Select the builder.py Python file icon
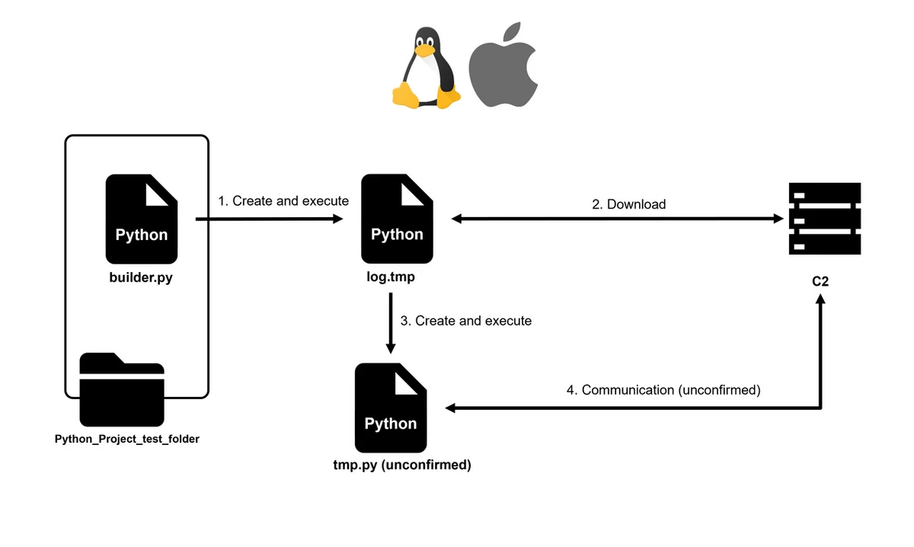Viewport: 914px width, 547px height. click(142, 218)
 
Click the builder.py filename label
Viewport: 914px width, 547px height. click(141, 277)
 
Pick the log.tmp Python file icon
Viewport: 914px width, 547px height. click(397, 218)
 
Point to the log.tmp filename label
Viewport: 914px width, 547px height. click(391, 277)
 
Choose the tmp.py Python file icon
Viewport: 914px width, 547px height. click(391, 408)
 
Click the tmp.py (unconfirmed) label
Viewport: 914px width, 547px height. click(397, 465)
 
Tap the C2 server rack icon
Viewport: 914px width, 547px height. click(825, 219)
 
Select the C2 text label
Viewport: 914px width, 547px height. click(820, 281)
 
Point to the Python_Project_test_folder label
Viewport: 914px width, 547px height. click(127, 439)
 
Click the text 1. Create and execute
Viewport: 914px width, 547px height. click(283, 201)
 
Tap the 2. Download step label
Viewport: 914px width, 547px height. click(629, 204)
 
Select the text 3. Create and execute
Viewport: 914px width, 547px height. click(466, 321)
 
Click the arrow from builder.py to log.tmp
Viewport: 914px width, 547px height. click(267, 219)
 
